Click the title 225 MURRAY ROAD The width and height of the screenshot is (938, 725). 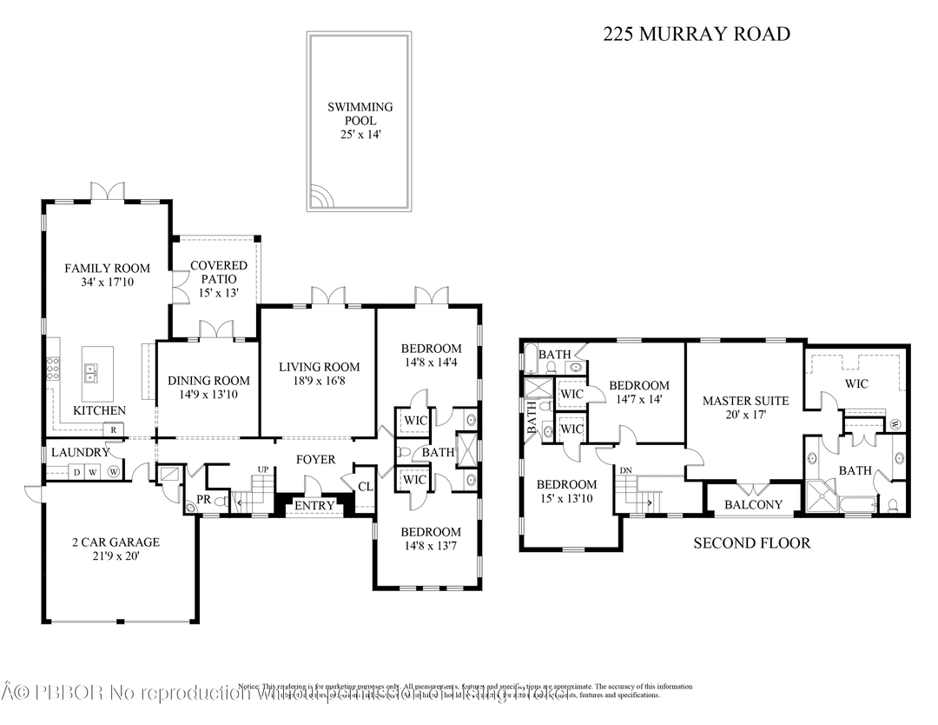(697, 35)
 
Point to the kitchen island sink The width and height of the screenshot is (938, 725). (90, 373)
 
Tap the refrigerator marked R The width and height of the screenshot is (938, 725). (113, 429)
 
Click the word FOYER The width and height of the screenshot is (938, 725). (315, 459)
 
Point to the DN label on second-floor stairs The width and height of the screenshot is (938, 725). (626, 471)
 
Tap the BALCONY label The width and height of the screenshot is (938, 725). (753, 504)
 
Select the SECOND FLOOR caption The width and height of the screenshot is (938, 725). (751, 543)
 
